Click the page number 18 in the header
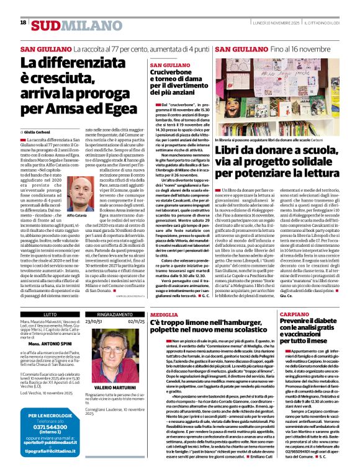pos(23,23)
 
